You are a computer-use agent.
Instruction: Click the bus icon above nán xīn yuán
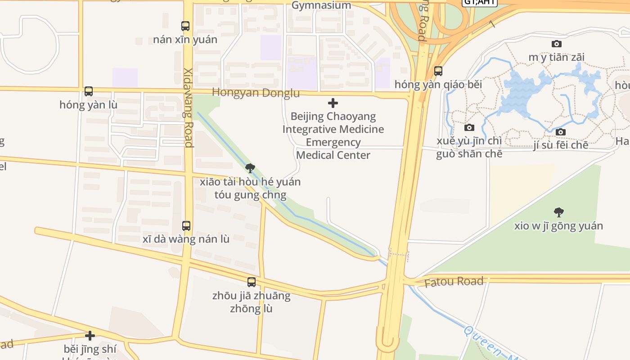[185, 26]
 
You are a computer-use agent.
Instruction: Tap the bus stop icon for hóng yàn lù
[89, 92]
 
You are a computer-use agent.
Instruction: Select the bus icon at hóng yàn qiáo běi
[438, 71]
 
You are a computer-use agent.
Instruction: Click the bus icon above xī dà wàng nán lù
[186, 226]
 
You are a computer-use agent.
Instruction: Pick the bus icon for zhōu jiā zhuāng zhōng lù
[252, 282]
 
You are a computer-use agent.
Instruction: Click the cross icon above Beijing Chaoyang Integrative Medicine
[333, 103]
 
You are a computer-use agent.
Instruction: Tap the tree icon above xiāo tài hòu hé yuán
[250, 168]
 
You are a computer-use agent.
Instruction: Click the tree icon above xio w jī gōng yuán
[559, 212]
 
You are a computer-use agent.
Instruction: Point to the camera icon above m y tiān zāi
[557, 44]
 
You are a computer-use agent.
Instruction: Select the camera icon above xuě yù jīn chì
[469, 127]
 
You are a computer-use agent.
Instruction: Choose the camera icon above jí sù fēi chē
[561, 132]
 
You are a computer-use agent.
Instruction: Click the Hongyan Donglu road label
[256, 93]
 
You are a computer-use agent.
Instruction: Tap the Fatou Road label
[454, 282]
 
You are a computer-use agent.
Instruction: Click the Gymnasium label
[321, 5]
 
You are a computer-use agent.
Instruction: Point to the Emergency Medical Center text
[333, 148]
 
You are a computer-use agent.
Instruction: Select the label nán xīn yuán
[185, 40]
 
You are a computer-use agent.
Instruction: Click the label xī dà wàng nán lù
[186, 239]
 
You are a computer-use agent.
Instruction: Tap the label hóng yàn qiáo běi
[438, 85]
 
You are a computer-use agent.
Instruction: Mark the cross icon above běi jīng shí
[90, 336]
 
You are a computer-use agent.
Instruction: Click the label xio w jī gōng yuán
[558, 226]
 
